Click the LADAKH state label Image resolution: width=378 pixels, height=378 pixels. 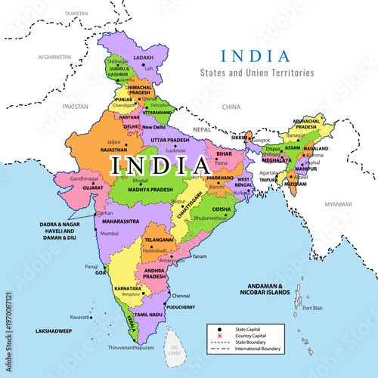[x=143, y=57]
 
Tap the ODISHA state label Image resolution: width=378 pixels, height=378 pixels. [x=222, y=209]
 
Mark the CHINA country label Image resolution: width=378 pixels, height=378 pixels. [x=231, y=107]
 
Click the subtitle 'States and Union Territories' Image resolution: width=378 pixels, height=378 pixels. [x=252, y=73]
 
